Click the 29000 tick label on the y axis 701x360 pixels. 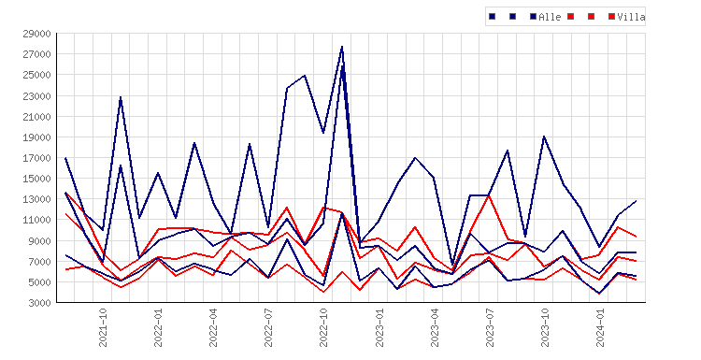coord(36,34)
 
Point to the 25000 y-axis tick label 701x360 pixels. coord(36,75)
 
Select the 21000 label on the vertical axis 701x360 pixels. coord(36,117)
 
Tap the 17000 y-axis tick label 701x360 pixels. coord(36,158)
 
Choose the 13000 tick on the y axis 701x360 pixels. coord(36,199)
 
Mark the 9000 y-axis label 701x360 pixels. coord(39,241)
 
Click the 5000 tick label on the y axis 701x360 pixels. coord(39,282)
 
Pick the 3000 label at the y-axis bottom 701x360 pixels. coord(39,303)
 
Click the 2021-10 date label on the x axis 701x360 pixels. coord(103,327)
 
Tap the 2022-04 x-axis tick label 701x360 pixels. coord(213,327)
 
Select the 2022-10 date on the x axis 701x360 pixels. coord(323,327)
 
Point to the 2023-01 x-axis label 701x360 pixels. coord(379,327)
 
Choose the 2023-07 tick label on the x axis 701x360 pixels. coord(490,327)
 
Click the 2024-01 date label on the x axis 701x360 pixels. coord(600,327)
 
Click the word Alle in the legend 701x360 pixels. coord(550,17)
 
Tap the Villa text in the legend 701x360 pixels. coord(631,17)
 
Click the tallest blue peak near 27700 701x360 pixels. coord(342,47)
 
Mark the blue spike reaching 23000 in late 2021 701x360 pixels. coord(121,97)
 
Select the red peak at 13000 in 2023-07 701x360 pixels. coord(489,196)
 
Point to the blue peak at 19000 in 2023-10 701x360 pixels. coord(544,137)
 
